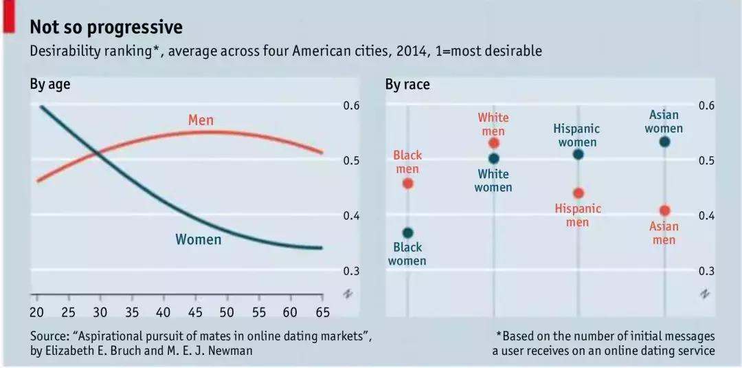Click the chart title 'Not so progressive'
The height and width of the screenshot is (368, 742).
pos(106,28)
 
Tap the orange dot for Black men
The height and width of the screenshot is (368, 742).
pos(408,184)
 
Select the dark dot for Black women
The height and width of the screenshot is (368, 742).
pos(408,232)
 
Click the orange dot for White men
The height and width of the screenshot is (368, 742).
pos(493,143)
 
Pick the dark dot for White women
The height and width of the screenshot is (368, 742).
pos(493,158)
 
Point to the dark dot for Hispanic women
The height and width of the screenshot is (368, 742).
pos(578,154)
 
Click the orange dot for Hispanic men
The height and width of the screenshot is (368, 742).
pos(578,193)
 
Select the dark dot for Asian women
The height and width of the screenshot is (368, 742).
pos(664,142)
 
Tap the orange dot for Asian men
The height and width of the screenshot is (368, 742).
pos(664,210)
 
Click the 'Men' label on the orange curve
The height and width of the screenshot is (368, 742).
pos(201,121)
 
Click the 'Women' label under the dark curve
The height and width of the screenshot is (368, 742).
pos(198,240)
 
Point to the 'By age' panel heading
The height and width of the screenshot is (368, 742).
pos(49,85)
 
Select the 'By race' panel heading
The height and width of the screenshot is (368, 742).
pos(407,85)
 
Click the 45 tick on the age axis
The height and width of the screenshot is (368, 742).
pos(194,312)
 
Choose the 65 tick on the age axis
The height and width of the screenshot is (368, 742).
pos(322,312)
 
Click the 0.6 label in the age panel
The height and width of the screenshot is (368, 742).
pos(351,106)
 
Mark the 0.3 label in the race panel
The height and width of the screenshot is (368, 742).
pos(707,271)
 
